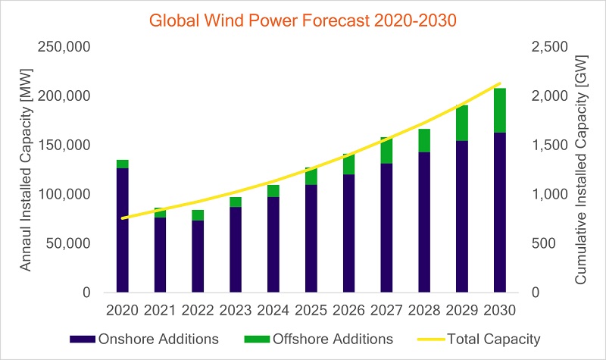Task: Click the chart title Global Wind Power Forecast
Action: coord(303,20)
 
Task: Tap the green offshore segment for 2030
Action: coord(500,111)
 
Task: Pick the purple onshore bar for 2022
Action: coord(198,256)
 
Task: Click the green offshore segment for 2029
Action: coord(462,123)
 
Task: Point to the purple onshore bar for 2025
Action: coord(311,238)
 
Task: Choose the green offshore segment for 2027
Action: coord(386,150)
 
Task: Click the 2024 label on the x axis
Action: coord(273,310)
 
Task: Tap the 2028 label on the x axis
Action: coord(424,310)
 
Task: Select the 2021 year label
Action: coord(160,310)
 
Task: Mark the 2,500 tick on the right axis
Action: coord(545,48)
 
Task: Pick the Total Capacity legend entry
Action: coord(486,339)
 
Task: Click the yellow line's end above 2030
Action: coord(500,83)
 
